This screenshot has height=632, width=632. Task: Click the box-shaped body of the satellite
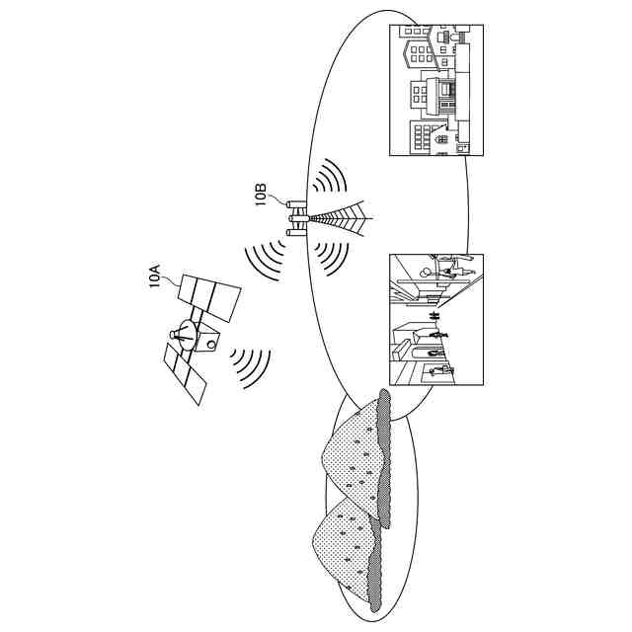(207, 339)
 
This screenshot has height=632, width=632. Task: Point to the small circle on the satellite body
(209, 345)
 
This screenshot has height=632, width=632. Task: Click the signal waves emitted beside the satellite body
(250, 367)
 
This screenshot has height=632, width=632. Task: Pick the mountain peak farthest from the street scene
(341, 533)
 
